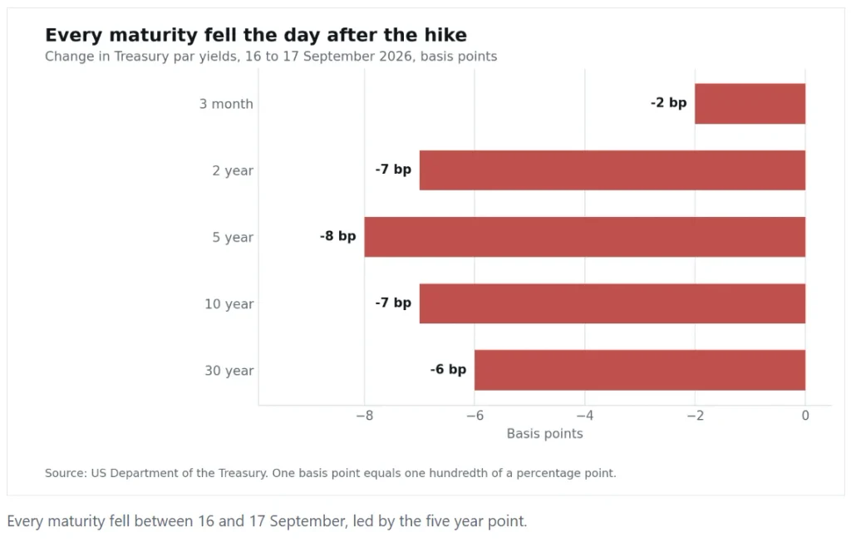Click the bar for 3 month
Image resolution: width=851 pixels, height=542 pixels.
point(750,104)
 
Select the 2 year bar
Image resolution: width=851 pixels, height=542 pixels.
point(612,170)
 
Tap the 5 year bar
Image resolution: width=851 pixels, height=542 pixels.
point(584,237)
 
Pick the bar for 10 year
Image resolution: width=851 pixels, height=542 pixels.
point(612,303)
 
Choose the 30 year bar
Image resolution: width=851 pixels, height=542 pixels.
point(640,371)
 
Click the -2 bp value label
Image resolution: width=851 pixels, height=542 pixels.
point(669,102)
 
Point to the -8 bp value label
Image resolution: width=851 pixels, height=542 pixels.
point(337,236)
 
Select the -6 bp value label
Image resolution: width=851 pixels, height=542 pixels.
point(448,369)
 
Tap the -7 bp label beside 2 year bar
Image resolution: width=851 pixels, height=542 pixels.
point(393,170)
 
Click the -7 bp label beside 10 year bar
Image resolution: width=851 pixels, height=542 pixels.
point(393,303)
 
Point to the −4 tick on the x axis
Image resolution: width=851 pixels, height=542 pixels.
point(584,416)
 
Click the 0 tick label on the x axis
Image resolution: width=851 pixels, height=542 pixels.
point(805,416)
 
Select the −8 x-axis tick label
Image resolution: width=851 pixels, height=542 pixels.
point(364,416)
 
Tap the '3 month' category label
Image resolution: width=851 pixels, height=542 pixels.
point(226,104)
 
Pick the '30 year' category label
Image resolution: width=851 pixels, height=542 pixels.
point(229,371)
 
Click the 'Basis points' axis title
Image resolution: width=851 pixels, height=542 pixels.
point(545,433)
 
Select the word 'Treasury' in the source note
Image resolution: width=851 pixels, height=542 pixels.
point(243,473)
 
